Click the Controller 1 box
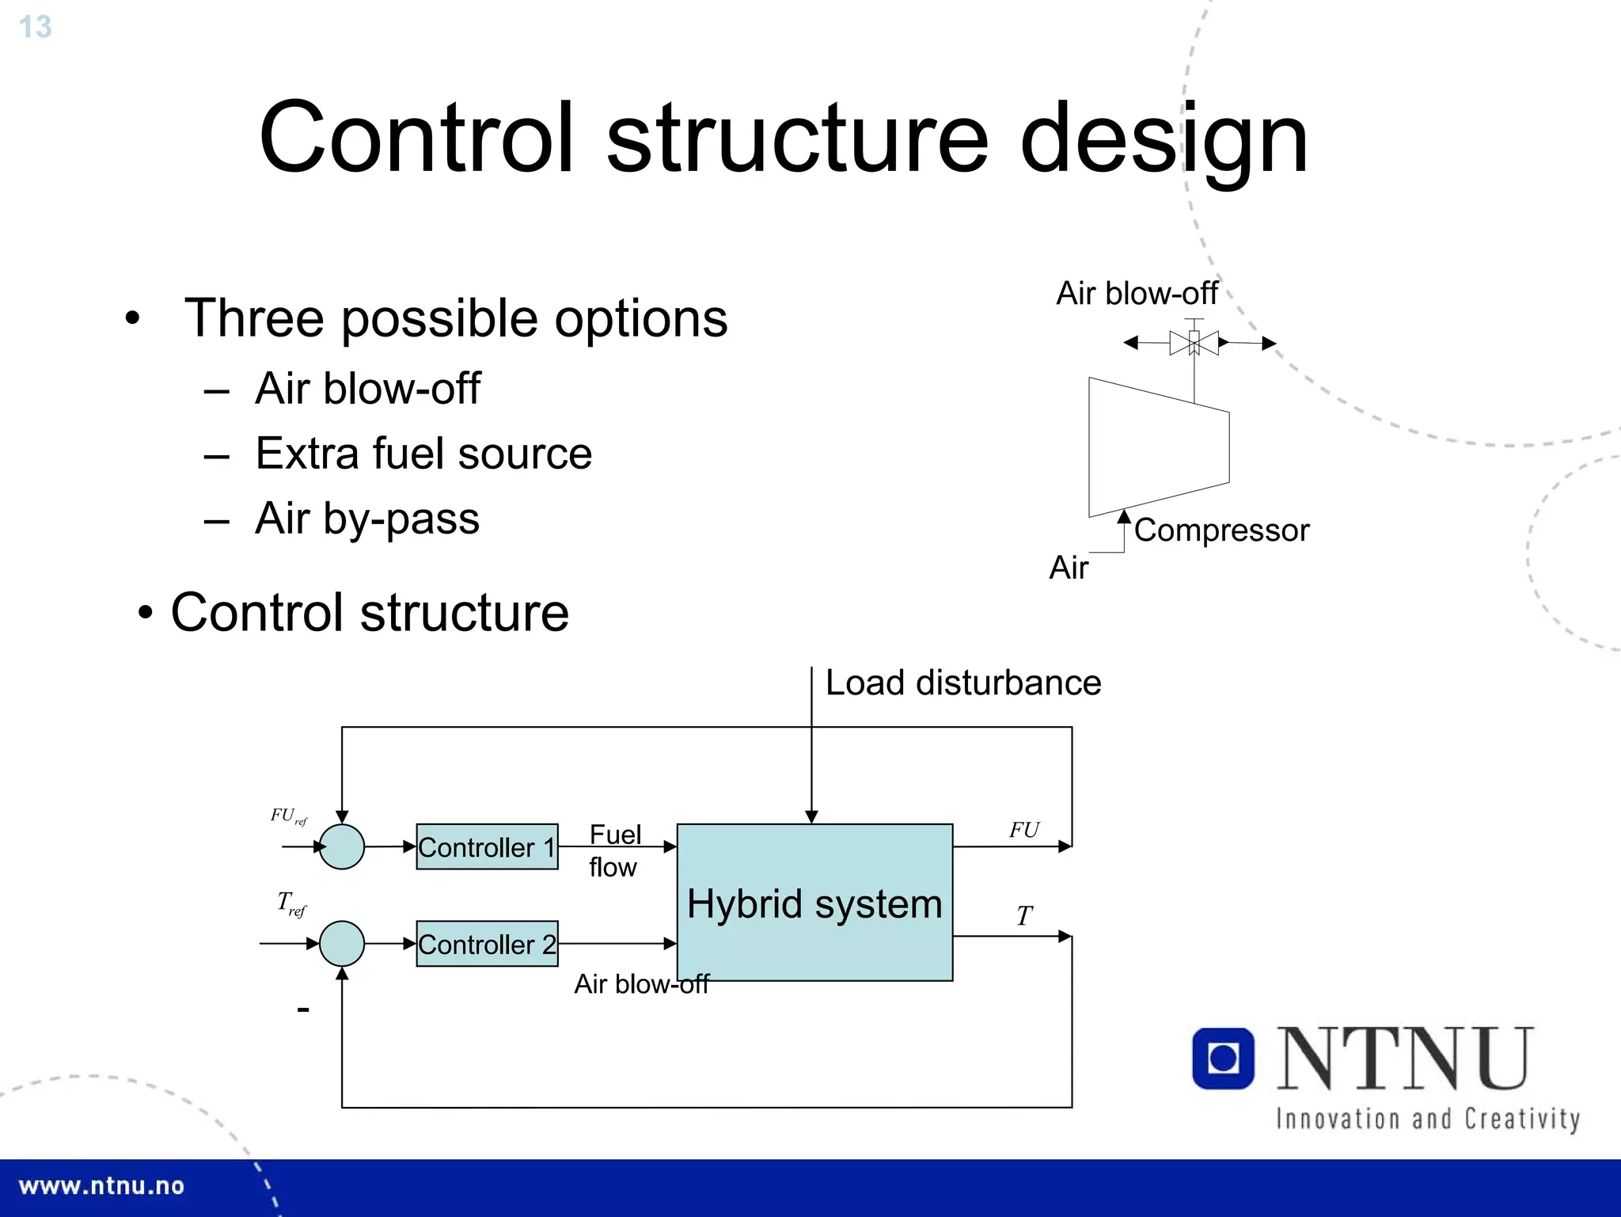[487, 847]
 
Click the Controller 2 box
[487, 944]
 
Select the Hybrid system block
[814, 903]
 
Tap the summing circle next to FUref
[342, 847]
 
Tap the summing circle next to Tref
[342, 944]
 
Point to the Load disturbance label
[962, 683]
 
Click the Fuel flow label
[614, 850]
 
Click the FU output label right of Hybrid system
[1023, 830]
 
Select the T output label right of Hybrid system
[1024, 916]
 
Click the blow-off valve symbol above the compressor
[1194, 343]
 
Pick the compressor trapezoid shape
[1158, 447]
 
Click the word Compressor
[1221, 531]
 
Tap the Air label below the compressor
[1069, 568]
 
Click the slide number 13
[35, 27]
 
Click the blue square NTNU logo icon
[1223, 1059]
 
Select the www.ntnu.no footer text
[101, 1186]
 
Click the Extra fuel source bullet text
[423, 454]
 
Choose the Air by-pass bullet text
[367, 519]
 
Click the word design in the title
[1164, 139]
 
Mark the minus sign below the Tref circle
[302, 1010]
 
